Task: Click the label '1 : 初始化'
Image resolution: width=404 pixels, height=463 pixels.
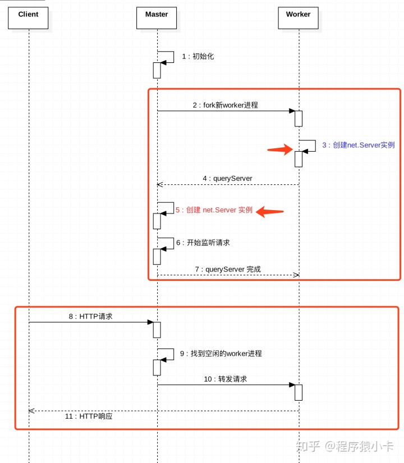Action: [198, 57]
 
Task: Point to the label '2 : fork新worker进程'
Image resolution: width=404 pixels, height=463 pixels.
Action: [225, 105]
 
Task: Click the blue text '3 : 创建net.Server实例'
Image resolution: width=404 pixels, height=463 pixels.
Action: [358, 145]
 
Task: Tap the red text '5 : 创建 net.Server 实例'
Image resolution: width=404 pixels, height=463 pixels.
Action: [214, 210]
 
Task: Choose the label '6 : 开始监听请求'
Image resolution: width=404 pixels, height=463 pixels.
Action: [203, 243]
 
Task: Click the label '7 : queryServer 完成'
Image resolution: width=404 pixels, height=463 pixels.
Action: [227, 269]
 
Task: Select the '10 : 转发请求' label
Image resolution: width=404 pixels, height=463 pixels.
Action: [225, 379]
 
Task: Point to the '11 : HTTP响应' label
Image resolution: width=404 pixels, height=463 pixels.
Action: [89, 417]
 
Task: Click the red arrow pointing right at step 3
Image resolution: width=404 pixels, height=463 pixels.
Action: [280, 149]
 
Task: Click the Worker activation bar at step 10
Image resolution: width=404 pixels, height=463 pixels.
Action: [299, 393]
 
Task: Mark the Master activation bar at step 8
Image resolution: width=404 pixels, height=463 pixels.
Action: [157, 330]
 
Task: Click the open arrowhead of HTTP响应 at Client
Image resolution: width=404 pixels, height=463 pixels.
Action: [31, 411]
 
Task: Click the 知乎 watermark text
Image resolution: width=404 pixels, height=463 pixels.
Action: [307, 447]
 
